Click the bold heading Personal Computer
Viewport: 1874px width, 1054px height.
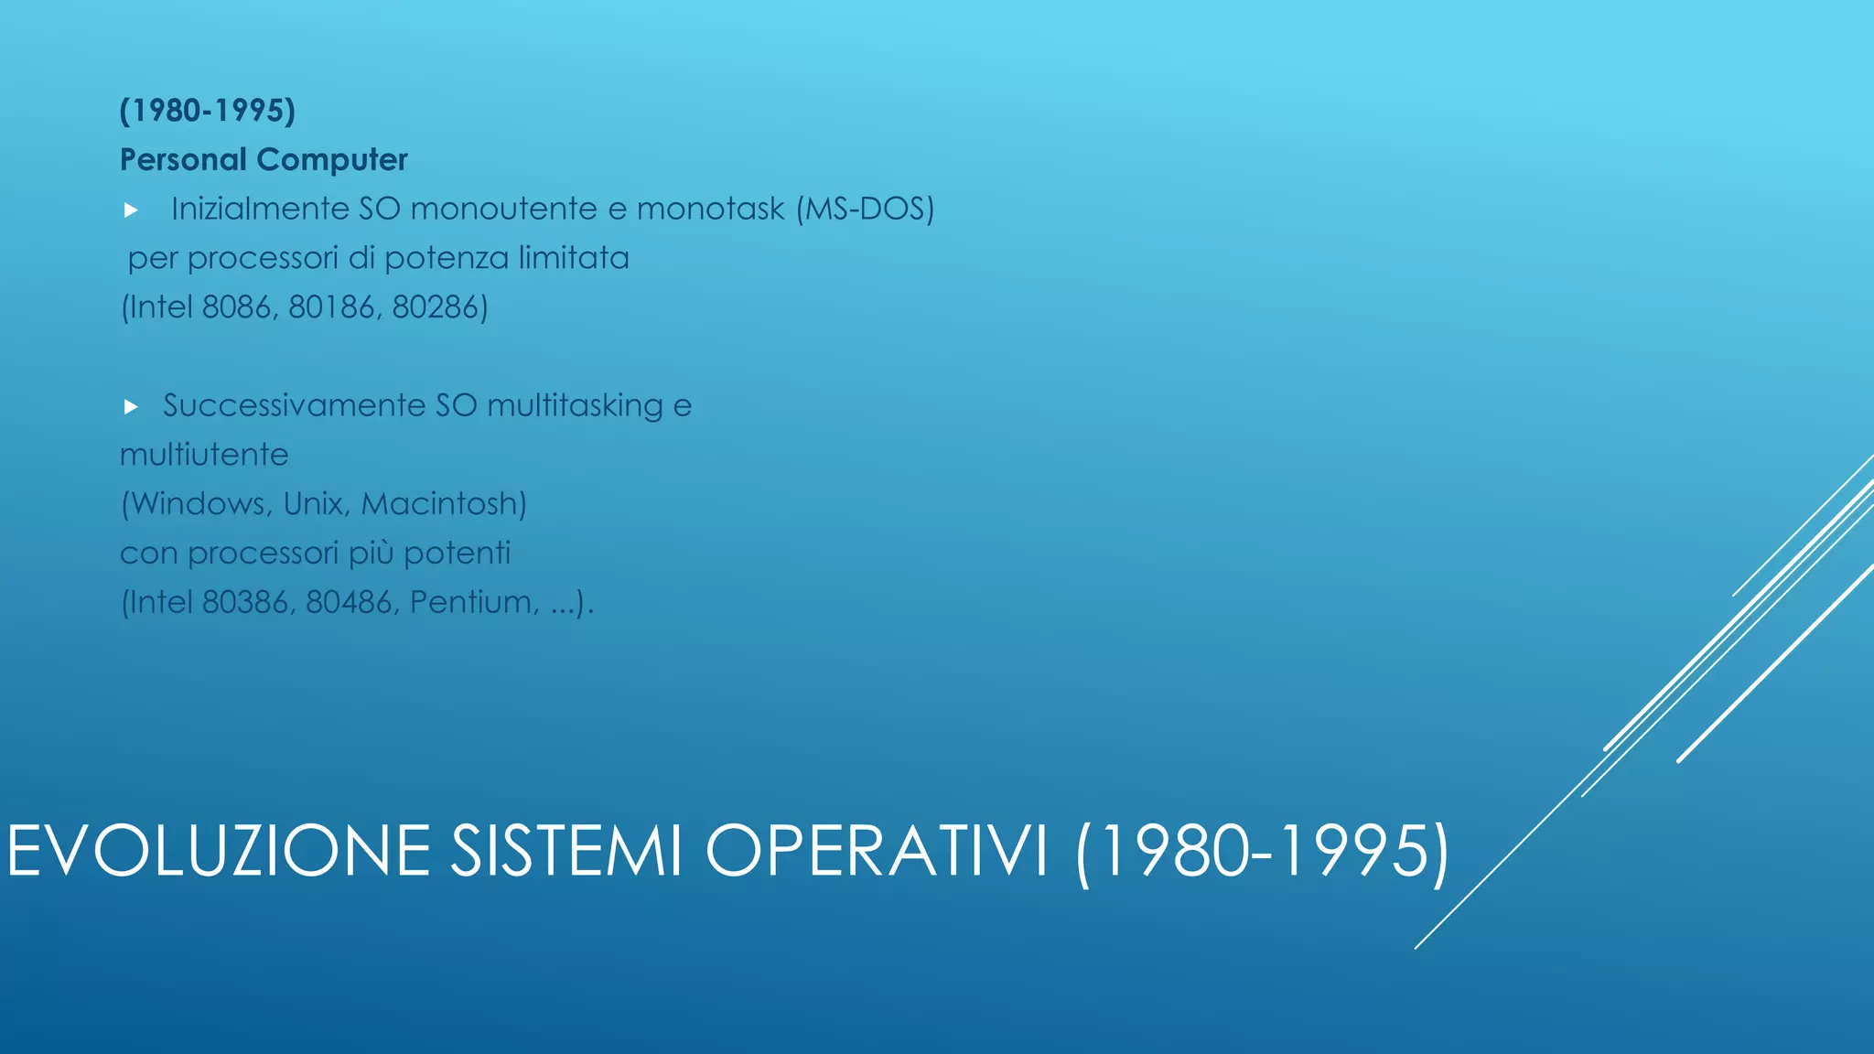pos(264,160)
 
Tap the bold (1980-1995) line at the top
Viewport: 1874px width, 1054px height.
pos(208,111)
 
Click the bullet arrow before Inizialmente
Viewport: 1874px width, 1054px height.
pos(131,210)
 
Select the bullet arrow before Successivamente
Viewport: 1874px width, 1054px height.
pos(131,406)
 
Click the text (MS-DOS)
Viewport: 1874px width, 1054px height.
pos(865,210)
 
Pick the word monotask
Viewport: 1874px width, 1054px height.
pos(710,210)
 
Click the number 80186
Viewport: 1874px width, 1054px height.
pos(331,307)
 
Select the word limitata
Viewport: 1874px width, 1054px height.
pos(574,258)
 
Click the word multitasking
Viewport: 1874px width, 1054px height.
pos(575,406)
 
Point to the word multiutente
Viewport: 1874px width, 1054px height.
pos(204,455)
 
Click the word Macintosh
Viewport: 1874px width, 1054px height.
pos(443,504)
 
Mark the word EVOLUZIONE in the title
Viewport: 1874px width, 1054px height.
pos(219,851)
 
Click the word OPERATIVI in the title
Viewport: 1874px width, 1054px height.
pos(876,851)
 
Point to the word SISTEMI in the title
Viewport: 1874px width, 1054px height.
pos(566,851)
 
